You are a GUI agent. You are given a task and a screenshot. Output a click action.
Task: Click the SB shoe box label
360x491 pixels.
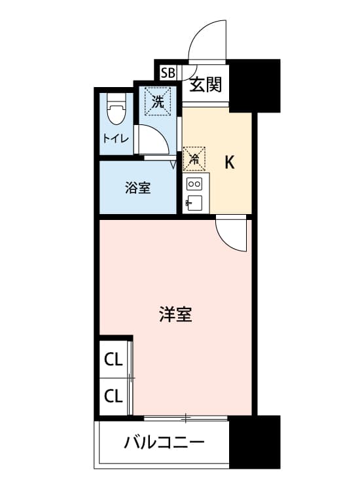[168, 73]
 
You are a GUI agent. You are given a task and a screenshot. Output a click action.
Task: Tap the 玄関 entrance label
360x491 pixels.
[206, 84]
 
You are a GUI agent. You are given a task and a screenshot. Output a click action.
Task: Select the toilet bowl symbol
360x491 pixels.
[116, 109]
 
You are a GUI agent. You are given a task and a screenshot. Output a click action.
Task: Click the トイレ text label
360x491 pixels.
[116, 138]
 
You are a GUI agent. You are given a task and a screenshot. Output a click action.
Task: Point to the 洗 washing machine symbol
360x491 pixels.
[158, 101]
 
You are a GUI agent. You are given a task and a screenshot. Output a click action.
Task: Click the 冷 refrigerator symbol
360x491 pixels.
[194, 159]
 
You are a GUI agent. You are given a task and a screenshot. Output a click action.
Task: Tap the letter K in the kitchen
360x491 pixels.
[230, 162]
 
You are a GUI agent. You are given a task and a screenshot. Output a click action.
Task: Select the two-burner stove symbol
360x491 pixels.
[194, 184]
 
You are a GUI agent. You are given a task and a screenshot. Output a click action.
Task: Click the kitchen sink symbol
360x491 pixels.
[194, 203]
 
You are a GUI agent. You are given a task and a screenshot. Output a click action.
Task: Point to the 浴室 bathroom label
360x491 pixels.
[137, 188]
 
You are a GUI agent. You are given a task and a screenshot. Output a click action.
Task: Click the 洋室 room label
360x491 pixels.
[175, 314]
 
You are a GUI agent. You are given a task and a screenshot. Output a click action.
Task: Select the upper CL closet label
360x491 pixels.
[113, 360]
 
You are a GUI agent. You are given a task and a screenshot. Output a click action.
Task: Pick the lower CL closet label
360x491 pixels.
[113, 397]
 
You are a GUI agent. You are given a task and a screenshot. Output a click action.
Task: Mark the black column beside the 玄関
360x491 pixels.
[255, 85]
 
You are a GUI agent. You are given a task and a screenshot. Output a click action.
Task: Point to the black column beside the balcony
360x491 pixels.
[255, 442]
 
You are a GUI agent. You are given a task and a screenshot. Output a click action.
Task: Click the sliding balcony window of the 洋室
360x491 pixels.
[186, 418]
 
